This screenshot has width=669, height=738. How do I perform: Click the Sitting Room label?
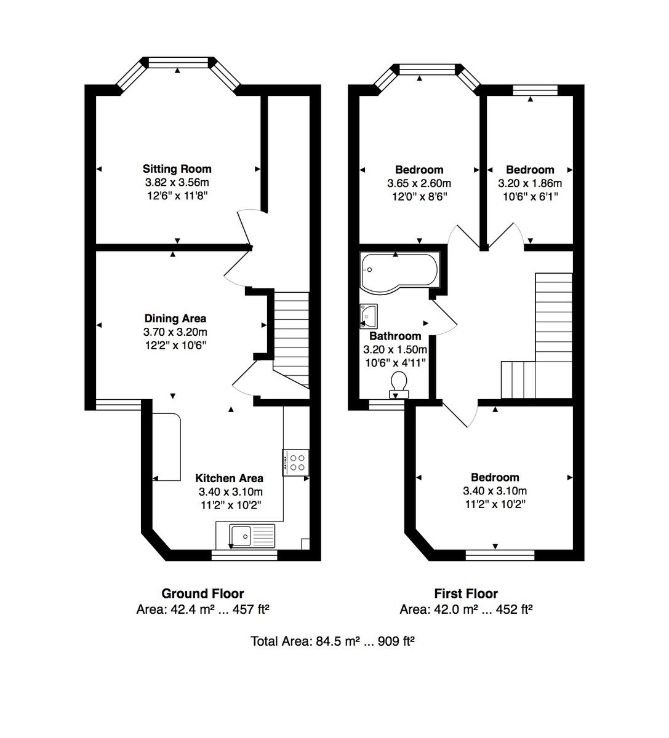click(x=177, y=169)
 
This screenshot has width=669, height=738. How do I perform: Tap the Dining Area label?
click(x=175, y=319)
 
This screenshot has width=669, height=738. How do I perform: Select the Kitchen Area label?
click(x=230, y=478)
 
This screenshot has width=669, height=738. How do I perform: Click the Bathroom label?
click(x=395, y=336)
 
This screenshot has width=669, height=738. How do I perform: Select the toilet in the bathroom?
click(x=399, y=382)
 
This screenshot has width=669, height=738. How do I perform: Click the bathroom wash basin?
click(x=369, y=316)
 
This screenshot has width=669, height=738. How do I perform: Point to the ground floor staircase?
click(x=290, y=338)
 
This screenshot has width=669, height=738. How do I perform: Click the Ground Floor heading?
click(x=202, y=593)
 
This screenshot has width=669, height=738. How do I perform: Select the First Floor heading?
click(x=466, y=593)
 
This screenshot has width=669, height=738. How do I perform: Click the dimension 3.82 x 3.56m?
click(x=177, y=183)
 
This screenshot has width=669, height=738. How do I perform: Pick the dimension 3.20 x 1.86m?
click(x=530, y=183)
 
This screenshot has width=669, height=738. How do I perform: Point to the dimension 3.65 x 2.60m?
click(x=419, y=183)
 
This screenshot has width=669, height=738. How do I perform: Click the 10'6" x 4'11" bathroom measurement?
click(x=395, y=362)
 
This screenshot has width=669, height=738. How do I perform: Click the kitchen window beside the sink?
click(x=244, y=555)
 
